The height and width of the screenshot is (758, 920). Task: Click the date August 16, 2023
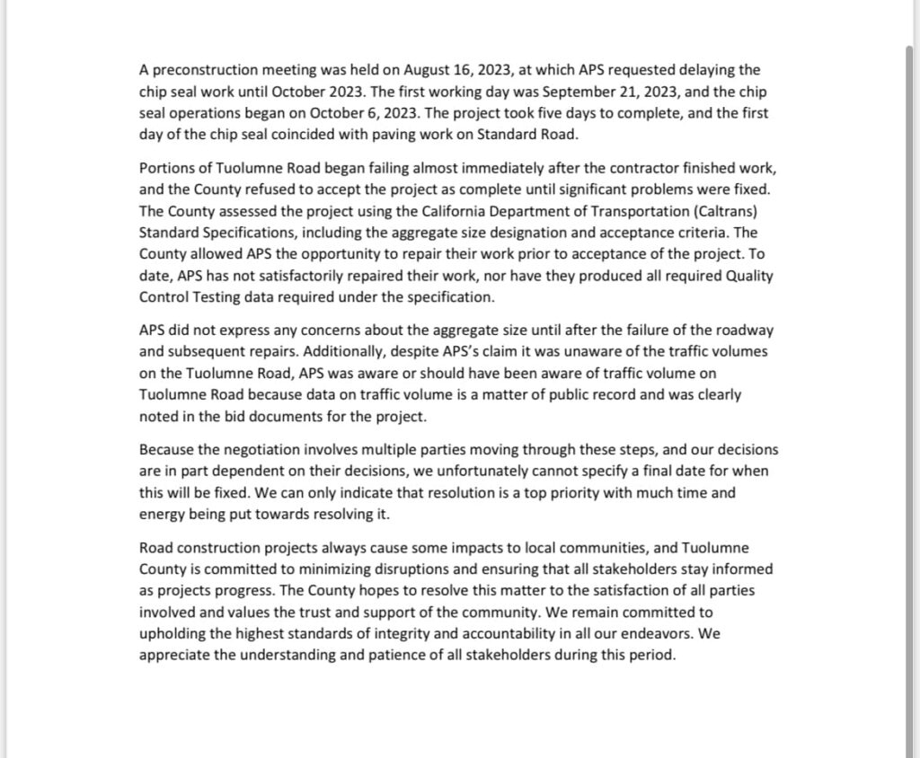(448, 69)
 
